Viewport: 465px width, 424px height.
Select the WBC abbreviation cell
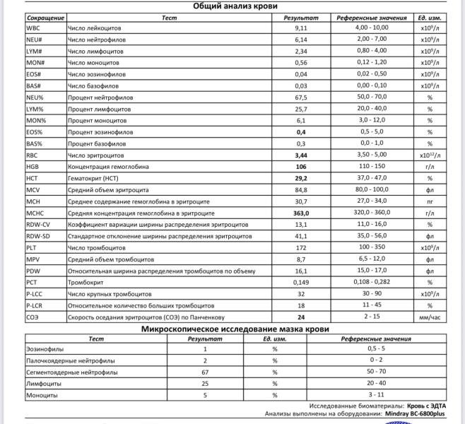click(33, 28)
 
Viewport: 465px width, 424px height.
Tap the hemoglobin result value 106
click(301, 166)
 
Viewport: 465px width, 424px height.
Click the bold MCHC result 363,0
click(301, 212)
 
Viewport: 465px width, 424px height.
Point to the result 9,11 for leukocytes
click(301, 28)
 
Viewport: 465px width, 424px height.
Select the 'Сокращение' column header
click(45, 17)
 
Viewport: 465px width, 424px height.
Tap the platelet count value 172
click(301, 247)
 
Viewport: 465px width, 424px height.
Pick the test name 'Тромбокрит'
click(85, 281)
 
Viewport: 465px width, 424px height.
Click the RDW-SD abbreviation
click(38, 235)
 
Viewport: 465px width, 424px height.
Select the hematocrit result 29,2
click(301, 178)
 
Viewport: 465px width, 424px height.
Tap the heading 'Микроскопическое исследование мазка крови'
click(232, 328)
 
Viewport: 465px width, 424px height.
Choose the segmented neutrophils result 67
click(205, 372)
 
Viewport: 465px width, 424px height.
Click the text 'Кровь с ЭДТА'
click(426, 407)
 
